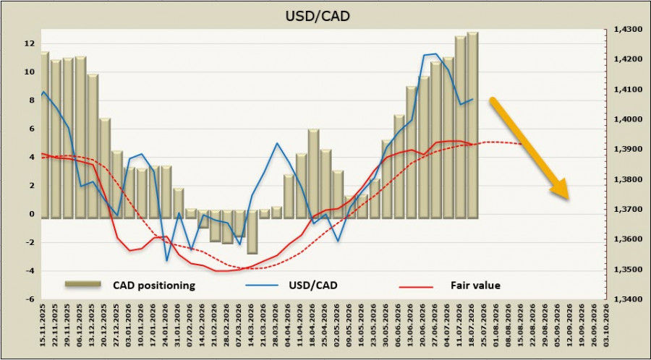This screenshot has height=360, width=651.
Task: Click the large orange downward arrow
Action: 529,148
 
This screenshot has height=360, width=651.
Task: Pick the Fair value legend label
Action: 475,286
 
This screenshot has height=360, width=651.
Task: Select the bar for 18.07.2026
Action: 472,125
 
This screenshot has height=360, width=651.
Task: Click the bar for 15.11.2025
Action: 45,135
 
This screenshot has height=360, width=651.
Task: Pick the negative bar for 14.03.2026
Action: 252,232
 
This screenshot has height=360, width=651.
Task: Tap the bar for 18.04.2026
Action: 313,173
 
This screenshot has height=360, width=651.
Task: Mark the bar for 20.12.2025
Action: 105,168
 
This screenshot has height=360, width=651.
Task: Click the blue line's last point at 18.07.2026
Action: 472,99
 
